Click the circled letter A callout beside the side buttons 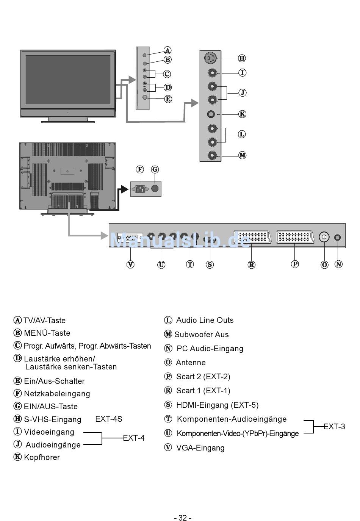(167, 50)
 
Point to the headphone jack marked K (211, 114)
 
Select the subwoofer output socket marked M (212, 155)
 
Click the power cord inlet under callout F (140, 188)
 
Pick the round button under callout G (155, 188)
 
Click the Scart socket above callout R (252, 237)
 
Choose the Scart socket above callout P (295, 237)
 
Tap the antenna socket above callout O (324, 237)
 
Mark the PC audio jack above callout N (338, 238)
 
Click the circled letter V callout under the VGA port (130, 264)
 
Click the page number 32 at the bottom (182, 518)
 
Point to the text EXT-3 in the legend (334, 427)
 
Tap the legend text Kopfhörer (42, 457)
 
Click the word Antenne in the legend (191, 363)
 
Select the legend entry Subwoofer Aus (201, 335)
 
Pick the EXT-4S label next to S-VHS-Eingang (109, 419)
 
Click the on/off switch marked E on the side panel (145, 97)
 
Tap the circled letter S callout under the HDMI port (210, 264)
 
